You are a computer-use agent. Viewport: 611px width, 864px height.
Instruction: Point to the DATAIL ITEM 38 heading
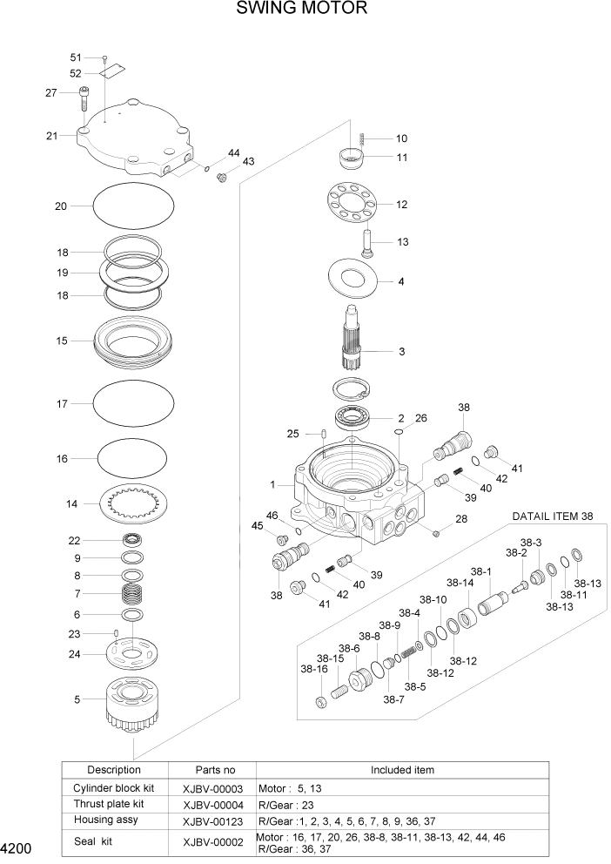(553, 516)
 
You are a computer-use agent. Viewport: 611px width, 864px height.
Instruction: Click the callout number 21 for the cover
(52, 135)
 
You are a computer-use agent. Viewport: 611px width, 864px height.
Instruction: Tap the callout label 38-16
(313, 670)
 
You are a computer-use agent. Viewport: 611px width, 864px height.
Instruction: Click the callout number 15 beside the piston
(62, 341)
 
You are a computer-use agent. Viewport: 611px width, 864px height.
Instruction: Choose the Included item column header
(402, 770)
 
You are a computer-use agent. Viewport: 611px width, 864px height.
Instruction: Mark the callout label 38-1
(481, 572)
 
